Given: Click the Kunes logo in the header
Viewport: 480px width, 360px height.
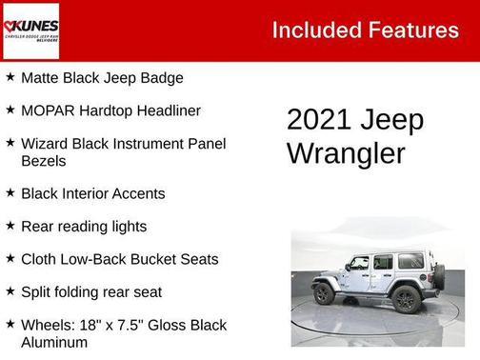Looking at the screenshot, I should pos(30,30).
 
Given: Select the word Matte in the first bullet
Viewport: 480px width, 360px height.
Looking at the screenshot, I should pos(41,78).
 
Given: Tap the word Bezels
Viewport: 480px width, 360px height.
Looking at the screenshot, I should pos(44,161).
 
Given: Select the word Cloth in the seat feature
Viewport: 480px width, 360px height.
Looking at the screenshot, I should pos(39,259).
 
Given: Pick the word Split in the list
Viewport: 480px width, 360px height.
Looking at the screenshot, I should pos(36,291).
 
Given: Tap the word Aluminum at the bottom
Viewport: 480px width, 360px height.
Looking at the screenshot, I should pos(56,342).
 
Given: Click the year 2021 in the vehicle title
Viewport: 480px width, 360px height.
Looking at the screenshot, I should pos(318,121).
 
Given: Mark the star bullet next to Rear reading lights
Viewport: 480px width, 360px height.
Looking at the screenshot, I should pos(10,226).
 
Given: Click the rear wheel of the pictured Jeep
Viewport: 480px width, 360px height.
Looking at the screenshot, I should pos(405,298).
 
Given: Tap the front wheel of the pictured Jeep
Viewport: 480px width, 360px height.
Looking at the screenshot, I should pos(326,293).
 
